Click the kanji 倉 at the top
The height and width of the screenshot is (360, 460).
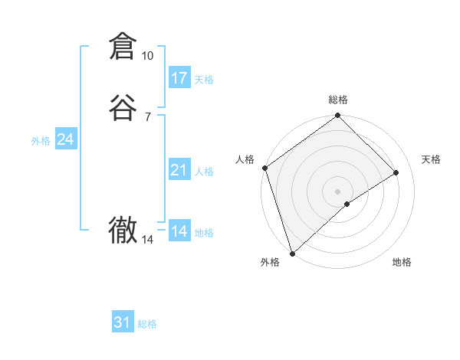click(x=123, y=47)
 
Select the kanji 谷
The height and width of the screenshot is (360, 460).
click(x=123, y=107)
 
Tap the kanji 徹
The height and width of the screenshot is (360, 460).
click(x=123, y=230)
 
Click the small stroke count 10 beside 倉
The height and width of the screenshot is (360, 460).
click(x=147, y=56)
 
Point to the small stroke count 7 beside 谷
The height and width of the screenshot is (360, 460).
click(x=147, y=116)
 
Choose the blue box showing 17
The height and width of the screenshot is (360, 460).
click(x=179, y=78)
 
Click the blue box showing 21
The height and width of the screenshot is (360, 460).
click(x=179, y=170)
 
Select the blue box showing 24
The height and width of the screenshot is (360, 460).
click(x=66, y=139)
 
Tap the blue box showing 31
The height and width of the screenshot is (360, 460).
click(x=123, y=322)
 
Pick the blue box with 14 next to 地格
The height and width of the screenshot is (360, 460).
click(x=179, y=231)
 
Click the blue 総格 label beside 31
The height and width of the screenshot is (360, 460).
click(x=147, y=324)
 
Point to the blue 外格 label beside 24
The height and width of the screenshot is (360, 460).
click(x=41, y=141)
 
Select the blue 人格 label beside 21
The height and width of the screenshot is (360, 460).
click(x=205, y=172)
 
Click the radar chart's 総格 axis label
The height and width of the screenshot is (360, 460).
click(x=338, y=100)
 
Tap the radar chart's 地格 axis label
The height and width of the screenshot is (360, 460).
click(x=402, y=262)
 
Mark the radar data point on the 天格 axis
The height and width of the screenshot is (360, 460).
click(x=396, y=172)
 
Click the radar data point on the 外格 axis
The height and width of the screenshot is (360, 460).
click(x=291, y=253)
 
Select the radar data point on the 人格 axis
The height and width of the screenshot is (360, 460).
click(x=264, y=168)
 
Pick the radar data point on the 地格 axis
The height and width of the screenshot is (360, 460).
click(x=347, y=204)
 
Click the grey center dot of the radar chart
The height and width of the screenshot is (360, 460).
click(x=338, y=191)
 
